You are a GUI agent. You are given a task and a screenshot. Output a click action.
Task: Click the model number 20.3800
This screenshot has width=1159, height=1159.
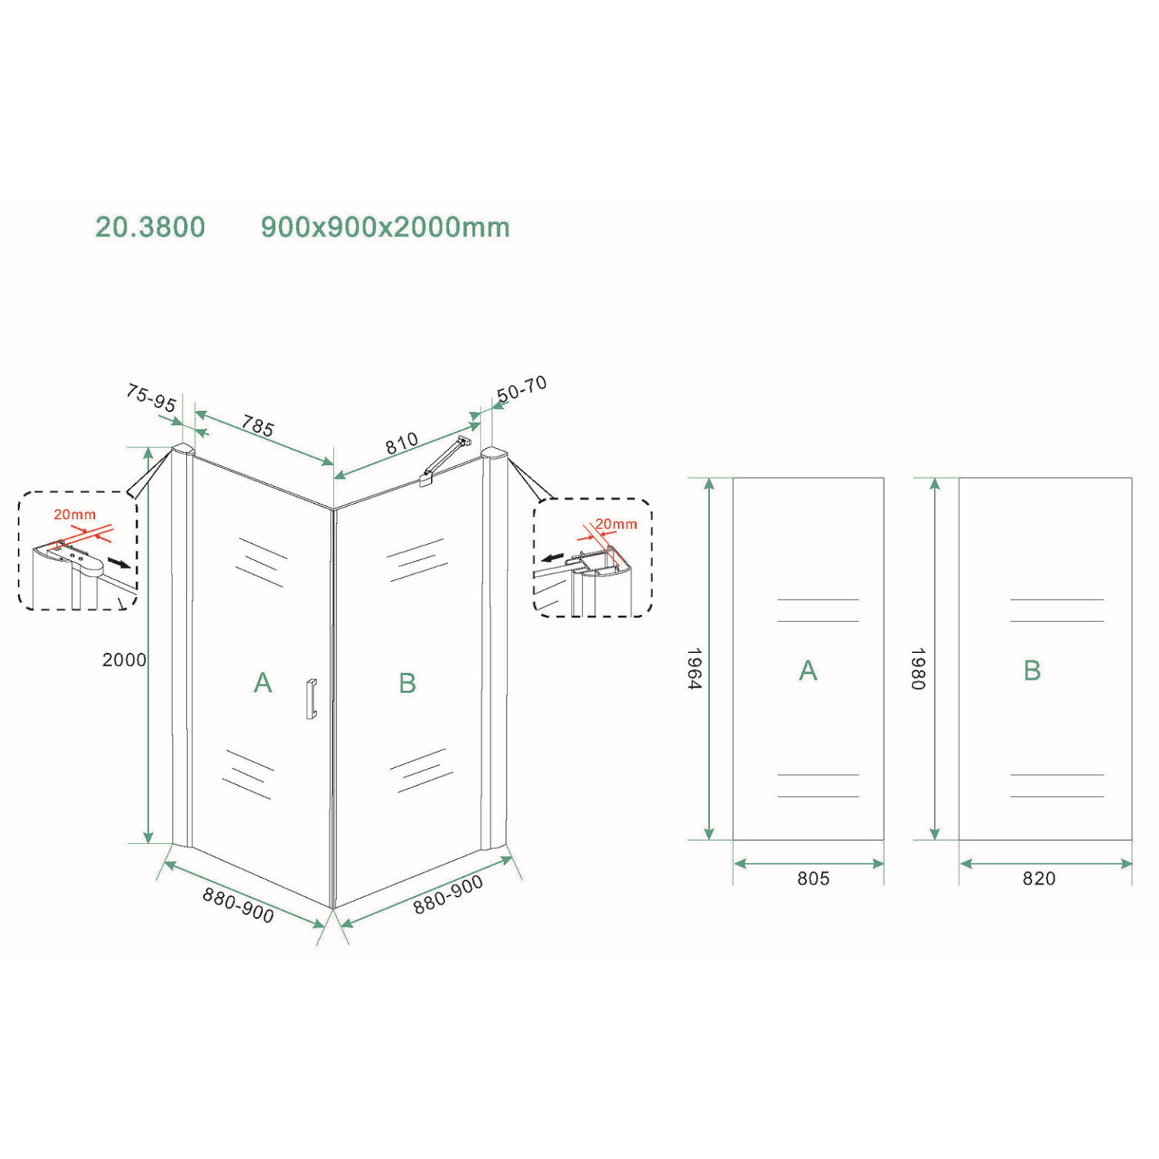tap(150, 227)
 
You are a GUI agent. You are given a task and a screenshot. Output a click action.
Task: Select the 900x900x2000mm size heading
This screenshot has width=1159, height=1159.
tap(385, 227)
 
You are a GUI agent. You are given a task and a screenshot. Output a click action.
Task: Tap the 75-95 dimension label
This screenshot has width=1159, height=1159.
tap(151, 398)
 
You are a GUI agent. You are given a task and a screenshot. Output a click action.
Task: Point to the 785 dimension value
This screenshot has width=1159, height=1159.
tap(258, 426)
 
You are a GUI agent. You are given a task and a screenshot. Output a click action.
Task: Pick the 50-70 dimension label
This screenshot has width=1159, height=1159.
tap(522, 389)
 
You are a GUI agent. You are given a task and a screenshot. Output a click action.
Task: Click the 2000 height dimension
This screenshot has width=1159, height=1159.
tap(124, 660)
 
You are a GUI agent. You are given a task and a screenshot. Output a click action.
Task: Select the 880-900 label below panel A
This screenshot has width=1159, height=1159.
tap(238, 905)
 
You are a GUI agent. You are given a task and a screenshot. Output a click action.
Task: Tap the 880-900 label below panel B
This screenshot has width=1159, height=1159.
tap(448, 895)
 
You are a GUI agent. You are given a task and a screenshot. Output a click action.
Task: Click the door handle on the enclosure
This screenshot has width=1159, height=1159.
tap(311, 699)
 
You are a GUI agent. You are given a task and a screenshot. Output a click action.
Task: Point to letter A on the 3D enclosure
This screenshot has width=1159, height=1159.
tap(263, 683)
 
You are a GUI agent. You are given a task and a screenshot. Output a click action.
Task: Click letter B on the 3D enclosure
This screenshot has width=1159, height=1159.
tap(407, 683)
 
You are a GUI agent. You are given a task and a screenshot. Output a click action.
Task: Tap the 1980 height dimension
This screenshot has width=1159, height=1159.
tap(918, 668)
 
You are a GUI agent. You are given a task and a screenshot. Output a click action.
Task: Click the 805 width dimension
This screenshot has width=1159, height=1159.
tap(813, 879)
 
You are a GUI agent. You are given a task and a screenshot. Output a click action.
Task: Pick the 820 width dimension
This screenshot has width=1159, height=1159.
tap(1038, 879)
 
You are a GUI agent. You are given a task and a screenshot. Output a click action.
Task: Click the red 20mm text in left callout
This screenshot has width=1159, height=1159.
tap(75, 515)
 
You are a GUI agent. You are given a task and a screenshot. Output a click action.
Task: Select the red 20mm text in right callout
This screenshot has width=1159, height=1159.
tap(617, 525)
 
